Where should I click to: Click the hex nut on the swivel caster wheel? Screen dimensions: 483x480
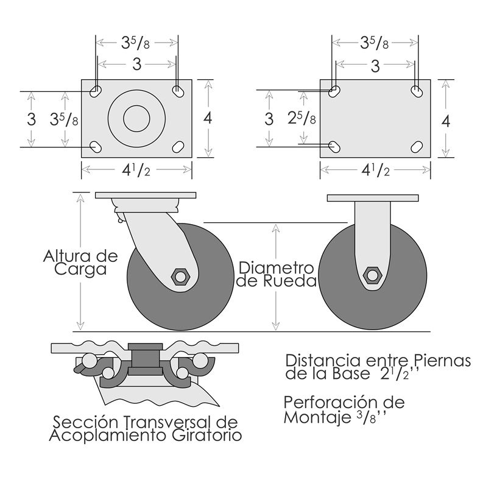click(181, 276)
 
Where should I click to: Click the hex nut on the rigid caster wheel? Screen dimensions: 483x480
click(373, 275)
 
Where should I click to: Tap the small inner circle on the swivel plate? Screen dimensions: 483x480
click(136, 119)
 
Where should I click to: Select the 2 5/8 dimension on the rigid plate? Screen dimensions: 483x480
click(302, 118)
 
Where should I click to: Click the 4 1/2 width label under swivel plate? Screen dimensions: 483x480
click(136, 169)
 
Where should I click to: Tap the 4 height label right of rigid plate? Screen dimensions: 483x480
click(446, 121)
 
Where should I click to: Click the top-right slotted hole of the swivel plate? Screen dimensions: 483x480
click(177, 91)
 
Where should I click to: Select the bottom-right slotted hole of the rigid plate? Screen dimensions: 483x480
click(417, 147)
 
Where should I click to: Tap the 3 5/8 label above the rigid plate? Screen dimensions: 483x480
click(375, 43)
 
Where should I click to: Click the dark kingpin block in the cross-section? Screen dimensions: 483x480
click(146, 359)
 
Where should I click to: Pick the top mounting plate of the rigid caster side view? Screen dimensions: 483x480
click(373, 198)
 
